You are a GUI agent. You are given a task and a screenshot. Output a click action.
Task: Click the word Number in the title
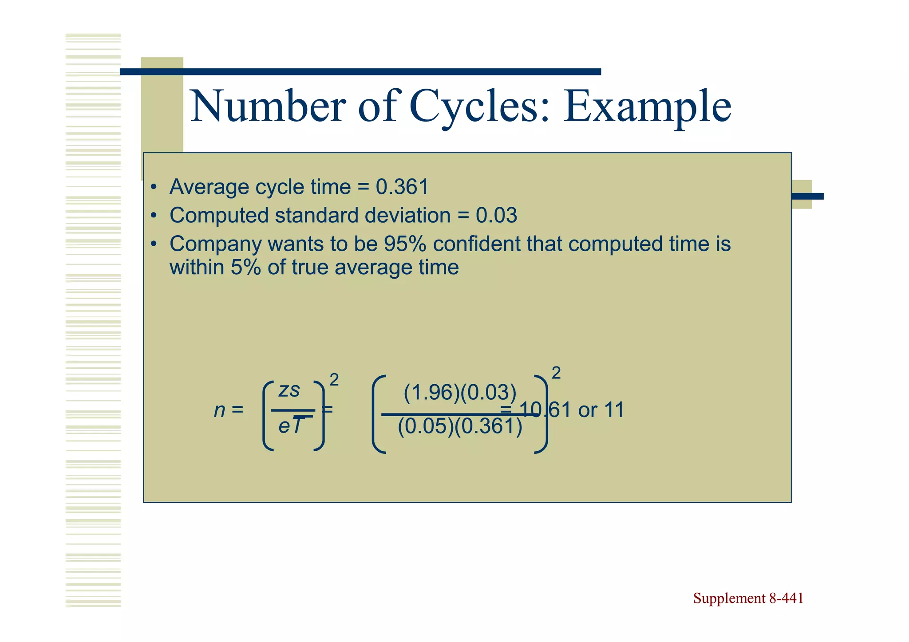click(268, 106)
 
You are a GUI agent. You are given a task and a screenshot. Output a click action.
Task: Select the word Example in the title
click(647, 106)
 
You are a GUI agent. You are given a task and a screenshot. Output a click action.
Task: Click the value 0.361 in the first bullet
click(402, 187)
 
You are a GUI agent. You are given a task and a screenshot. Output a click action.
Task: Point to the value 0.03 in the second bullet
click(496, 216)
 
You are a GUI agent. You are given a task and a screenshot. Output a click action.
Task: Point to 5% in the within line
click(245, 268)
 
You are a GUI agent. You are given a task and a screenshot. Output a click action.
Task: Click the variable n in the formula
click(220, 410)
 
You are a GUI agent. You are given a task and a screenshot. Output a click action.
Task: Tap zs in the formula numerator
click(289, 390)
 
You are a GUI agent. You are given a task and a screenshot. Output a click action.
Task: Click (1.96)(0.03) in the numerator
click(460, 393)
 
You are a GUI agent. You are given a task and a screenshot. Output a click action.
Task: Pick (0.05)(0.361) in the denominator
click(460, 426)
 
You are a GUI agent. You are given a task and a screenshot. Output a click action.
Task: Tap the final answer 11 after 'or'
click(614, 410)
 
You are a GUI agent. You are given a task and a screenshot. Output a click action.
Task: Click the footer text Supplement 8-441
click(748, 598)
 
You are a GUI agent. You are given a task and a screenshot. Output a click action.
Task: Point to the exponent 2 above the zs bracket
click(334, 380)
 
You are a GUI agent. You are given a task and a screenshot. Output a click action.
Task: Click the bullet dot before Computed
click(154, 216)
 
